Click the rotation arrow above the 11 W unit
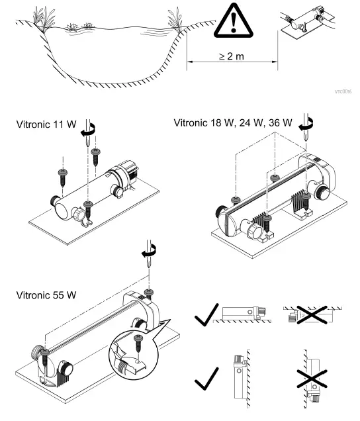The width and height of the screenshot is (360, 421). tap(87, 134)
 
